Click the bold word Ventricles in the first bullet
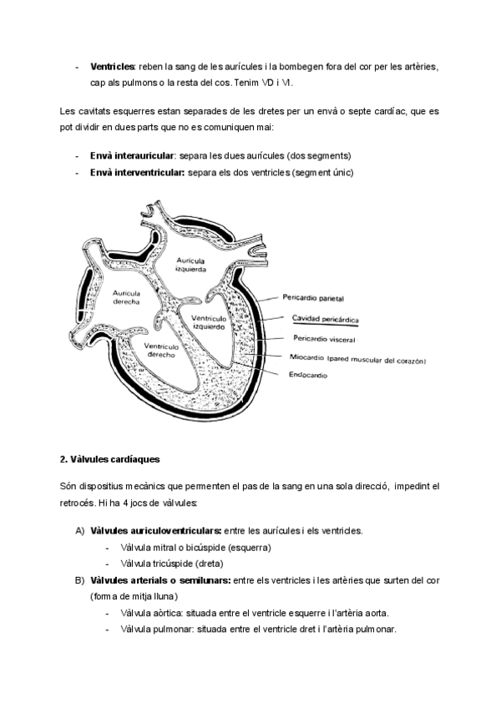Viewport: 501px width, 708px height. [x=114, y=66]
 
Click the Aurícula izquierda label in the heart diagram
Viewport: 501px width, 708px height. [x=190, y=265]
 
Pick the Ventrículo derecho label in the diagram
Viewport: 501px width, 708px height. [x=159, y=350]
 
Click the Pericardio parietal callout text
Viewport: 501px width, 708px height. [x=313, y=297]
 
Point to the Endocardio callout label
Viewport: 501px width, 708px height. [x=308, y=376]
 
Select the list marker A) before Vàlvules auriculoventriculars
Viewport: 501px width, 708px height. [x=79, y=531]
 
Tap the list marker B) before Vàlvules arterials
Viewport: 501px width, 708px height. [x=79, y=579]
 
